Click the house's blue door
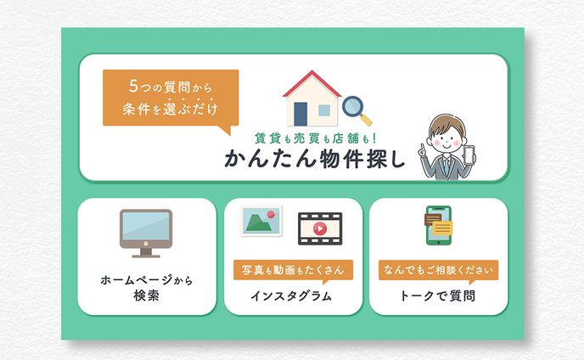pyautogui.click(x=300, y=114)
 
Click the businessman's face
pyautogui.click(x=446, y=132)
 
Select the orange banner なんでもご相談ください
pyautogui.click(x=438, y=271)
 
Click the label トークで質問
pyautogui.click(x=438, y=296)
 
